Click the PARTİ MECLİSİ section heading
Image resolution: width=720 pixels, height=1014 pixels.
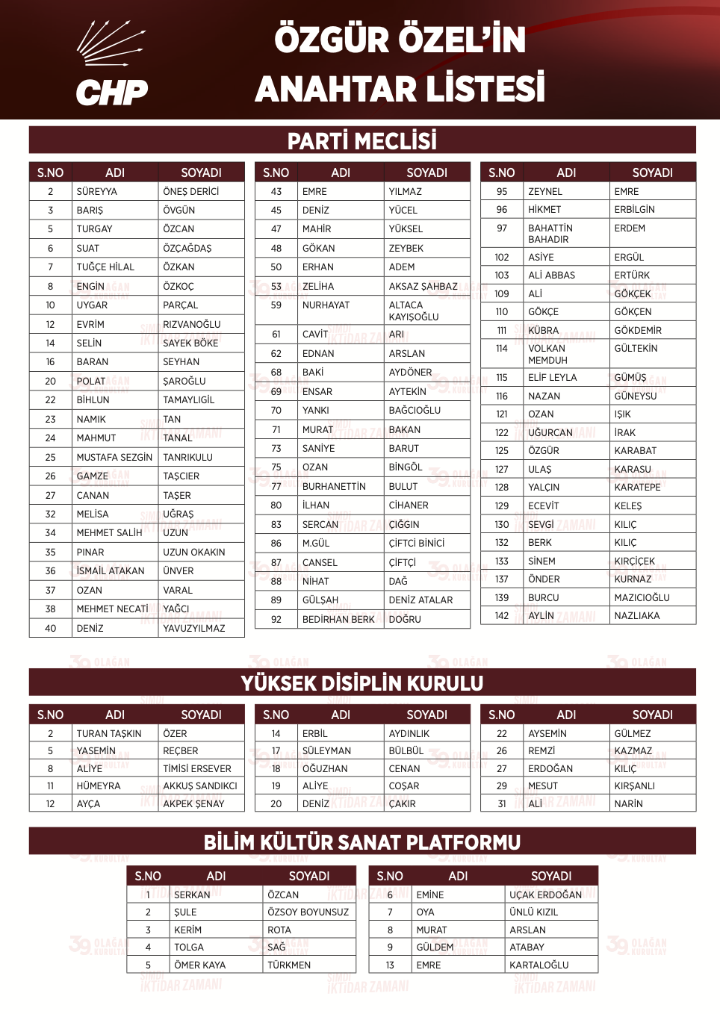pos(362,140)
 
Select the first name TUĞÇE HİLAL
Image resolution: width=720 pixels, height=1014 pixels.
pos(105,267)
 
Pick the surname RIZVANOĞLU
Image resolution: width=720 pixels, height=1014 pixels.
pos(192,324)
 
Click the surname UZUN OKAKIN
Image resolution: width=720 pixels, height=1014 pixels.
pos(194,553)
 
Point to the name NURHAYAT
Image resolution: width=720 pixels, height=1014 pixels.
pos(326,305)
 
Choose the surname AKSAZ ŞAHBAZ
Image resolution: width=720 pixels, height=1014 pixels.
pos(423,287)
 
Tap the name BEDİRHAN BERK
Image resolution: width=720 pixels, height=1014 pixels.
pos(338,619)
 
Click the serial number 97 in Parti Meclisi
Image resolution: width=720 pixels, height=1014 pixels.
pos(502,228)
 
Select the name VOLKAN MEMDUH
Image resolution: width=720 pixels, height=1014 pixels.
pos(547,354)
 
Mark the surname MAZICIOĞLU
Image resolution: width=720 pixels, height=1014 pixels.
pos(642,597)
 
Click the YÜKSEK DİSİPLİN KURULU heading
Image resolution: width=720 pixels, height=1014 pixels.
pos(362,683)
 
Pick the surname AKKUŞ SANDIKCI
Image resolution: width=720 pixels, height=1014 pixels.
pos(200,786)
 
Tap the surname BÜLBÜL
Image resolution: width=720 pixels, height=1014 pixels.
pos(406,751)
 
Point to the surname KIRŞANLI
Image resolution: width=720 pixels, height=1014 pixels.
pos(634,786)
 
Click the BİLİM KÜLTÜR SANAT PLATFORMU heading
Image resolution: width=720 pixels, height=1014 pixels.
pos(362,842)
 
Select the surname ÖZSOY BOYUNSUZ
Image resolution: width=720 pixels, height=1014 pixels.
pos(308,912)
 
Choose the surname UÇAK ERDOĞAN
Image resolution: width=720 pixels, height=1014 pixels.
pos(545,895)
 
